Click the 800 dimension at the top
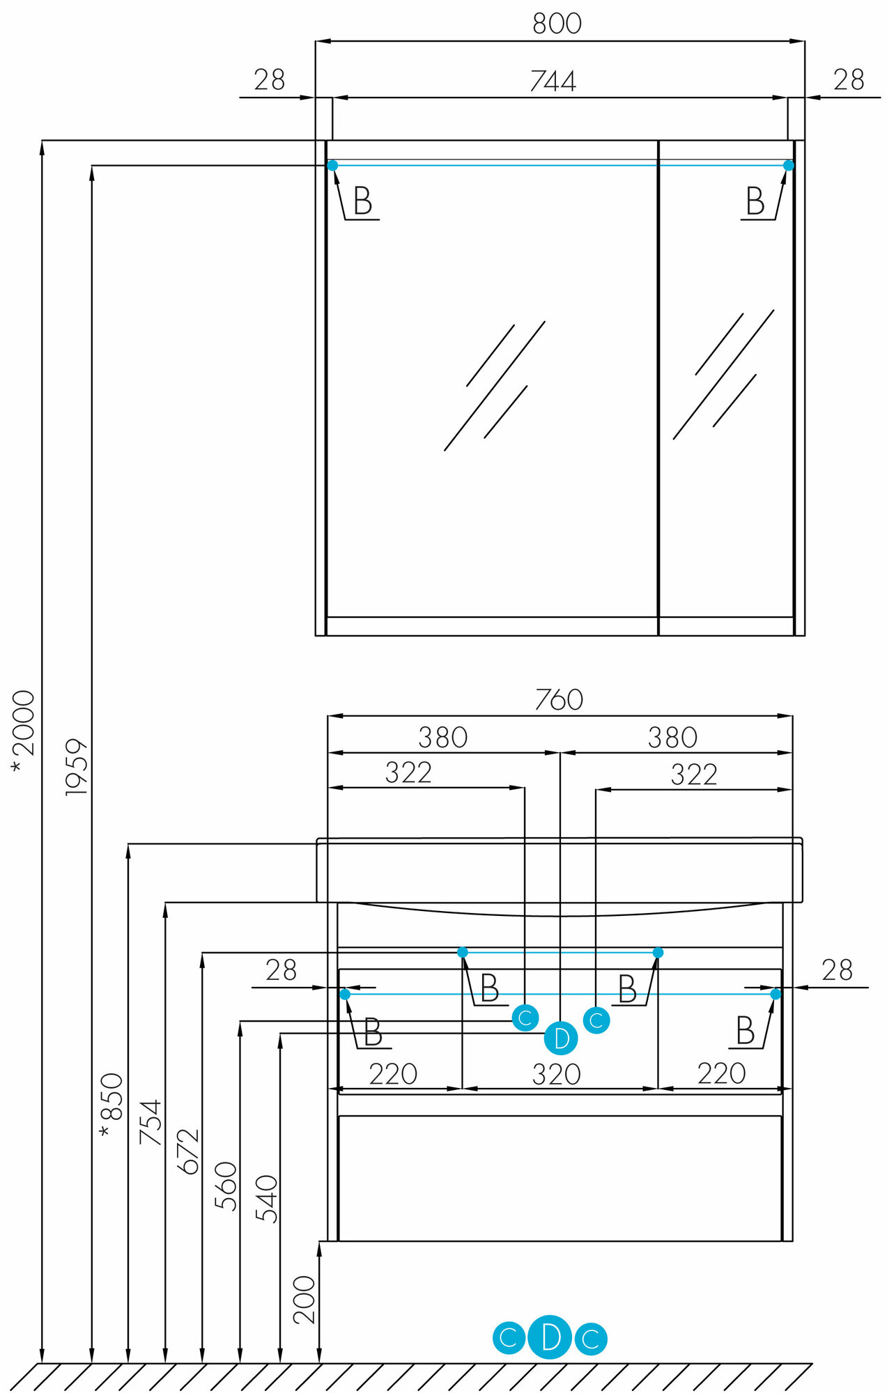(557, 24)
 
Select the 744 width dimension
(553, 81)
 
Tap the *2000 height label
(23, 731)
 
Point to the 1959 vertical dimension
(77, 767)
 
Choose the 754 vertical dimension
(150, 1122)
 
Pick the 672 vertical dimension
(188, 1151)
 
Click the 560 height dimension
(226, 1185)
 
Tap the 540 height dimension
(266, 1199)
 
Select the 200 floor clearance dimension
(304, 1300)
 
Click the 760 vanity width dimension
(559, 700)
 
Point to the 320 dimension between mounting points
(556, 1075)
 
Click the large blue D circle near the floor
(550, 1338)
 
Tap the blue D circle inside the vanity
(561, 1038)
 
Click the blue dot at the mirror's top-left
(332, 165)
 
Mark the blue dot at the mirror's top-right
(789, 165)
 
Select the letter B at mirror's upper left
(362, 201)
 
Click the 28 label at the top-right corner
(848, 80)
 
